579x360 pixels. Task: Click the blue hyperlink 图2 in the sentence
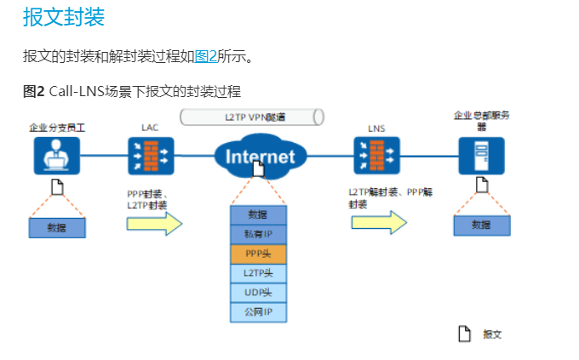click(x=205, y=57)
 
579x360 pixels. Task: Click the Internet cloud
click(x=260, y=156)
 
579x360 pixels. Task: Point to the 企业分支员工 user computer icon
click(x=57, y=157)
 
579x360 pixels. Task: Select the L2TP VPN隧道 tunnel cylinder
click(x=252, y=117)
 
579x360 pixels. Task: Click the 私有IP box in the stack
click(x=258, y=234)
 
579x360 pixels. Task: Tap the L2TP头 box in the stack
click(x=258, y=273)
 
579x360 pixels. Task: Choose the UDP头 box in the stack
click(x=258, y=293)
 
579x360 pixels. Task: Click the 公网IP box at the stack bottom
click(x=258, y=312)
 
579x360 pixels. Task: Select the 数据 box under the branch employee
click(x=57, y=227)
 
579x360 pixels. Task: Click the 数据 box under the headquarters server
click(x=481, y=225)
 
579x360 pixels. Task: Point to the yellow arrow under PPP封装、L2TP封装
click(x=154, y=223)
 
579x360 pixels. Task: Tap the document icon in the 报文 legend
click(x=465, y=334)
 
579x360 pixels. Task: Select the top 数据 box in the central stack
click(x=258, y=214)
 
